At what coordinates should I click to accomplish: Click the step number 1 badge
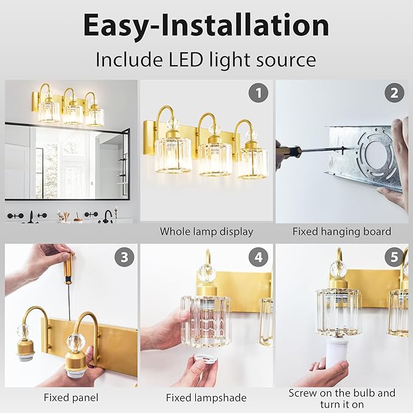click(259, 93)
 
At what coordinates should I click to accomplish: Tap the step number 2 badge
click(394, 93)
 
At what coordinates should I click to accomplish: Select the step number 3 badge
click(124, 257)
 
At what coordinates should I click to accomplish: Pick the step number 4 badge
click(259, 257)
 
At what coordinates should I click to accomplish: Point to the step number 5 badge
click(394, 257)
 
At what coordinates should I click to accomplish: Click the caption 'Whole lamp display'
click(206, 232)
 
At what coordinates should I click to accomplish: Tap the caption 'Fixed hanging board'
click(341, 232)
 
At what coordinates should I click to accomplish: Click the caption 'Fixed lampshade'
click(206, 398)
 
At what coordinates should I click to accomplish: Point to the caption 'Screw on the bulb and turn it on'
click(341, 398)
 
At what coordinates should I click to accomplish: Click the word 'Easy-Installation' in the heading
click(206, 26)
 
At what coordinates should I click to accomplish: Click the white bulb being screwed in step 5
click(332, 353)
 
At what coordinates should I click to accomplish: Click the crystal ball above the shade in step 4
click(206, 272)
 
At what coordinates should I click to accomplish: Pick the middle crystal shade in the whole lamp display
click(215, 157)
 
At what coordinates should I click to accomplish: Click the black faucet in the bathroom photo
click(108, 215)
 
